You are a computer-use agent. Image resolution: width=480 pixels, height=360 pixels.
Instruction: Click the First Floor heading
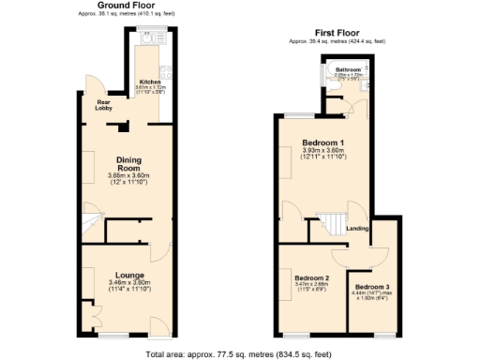(337, 33)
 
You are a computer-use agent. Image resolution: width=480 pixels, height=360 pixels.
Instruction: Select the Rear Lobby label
(102, 104)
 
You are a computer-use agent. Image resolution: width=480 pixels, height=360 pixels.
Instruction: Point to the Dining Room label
(128, 163)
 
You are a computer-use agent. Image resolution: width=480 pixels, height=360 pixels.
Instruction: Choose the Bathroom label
(349, 69)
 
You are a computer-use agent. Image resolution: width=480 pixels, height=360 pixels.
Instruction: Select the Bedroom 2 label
(311, 278)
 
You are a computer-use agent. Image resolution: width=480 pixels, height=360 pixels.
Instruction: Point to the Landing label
(356, 228)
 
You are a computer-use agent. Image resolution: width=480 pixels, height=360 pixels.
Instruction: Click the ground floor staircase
(91, 226)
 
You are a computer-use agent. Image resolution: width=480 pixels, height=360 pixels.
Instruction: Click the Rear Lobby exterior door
(87, 83)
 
